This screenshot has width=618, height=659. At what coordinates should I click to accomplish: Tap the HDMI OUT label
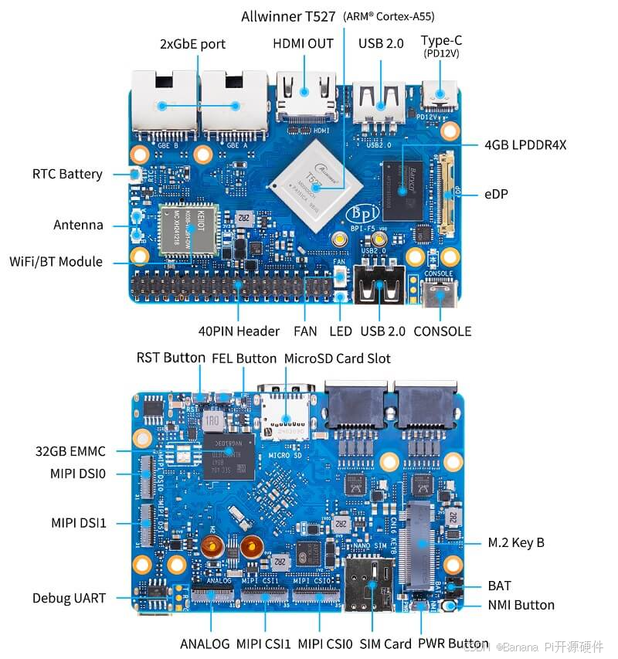click(303, 44)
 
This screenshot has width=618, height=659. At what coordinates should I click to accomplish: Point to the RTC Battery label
click(67, 174)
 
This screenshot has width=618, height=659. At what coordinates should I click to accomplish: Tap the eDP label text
click(495, 194)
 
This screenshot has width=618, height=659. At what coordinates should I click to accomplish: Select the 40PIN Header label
click(239, 331)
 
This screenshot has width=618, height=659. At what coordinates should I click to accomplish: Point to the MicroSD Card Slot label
click(338, 358)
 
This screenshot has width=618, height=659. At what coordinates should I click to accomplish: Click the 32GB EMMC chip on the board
click(229, 455)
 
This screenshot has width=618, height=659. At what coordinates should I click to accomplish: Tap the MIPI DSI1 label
click(79, 523)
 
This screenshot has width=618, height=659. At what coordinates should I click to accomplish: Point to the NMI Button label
click(521, 605)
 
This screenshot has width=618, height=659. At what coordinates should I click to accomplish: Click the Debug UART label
click(69, 598)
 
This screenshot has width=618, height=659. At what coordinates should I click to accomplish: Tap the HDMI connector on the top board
click(306, 98)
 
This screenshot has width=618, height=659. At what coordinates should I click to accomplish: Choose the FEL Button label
click(244, 358)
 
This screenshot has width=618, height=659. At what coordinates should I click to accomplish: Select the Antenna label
click(78, 226)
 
